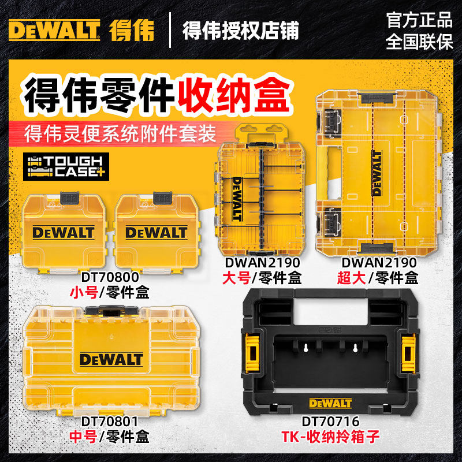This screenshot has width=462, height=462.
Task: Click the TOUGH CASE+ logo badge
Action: [x=66, y=166]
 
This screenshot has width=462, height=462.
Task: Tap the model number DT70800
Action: [x=110, y=277]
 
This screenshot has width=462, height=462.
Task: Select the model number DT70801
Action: [x=110, y=422]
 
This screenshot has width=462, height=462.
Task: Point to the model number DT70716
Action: [x=330, y=422]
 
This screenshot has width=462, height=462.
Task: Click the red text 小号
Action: [x=84, y=293]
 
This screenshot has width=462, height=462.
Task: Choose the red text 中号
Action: [x=84, y=437]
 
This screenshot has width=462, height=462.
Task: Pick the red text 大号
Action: [x=237, y=278]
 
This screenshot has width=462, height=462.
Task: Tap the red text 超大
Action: [x=352, y=278]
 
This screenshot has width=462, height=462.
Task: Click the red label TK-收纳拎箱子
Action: [x=330, y=437]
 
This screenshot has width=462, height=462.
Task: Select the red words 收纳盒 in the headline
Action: [x=234, y=94]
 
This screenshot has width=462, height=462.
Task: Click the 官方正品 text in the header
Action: [x=419, y=20]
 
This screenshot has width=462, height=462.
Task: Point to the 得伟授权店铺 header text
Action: [x=241, y=31]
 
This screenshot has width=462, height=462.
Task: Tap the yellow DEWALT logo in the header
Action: [x=54, y=30]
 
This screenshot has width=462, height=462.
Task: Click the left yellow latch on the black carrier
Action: [x=252, y=353]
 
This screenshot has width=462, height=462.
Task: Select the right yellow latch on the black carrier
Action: [x=408, y=353]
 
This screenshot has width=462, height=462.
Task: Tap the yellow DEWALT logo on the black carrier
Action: [x=330, y=403]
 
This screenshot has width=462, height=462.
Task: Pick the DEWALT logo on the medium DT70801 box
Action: [x=111, y=360]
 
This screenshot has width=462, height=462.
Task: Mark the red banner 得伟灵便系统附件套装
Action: [x=120, y=134]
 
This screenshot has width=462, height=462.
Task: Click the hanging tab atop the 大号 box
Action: [x=262, y=133]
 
